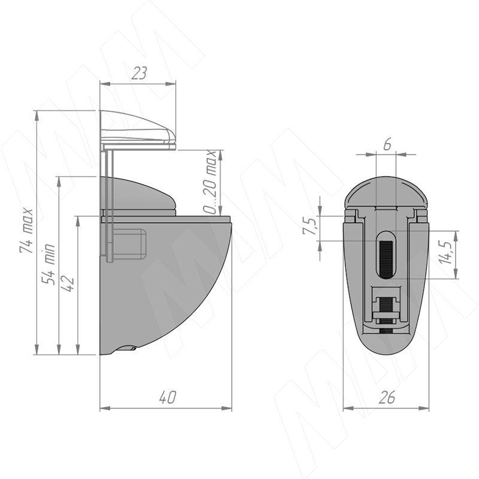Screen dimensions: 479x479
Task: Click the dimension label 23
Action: coord(139,73)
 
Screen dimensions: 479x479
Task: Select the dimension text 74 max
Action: coord(26,231)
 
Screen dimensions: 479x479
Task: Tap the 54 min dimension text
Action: coord(48,264)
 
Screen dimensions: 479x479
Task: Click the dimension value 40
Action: coord(168,398)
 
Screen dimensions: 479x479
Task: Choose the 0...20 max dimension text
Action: coord(210,182)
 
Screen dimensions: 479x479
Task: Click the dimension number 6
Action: coord(387,144)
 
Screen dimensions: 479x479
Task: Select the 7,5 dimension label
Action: coord(309,226)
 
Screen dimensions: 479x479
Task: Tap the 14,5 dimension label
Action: coord(444,253)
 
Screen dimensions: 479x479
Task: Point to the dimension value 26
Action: coord(386,398)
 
